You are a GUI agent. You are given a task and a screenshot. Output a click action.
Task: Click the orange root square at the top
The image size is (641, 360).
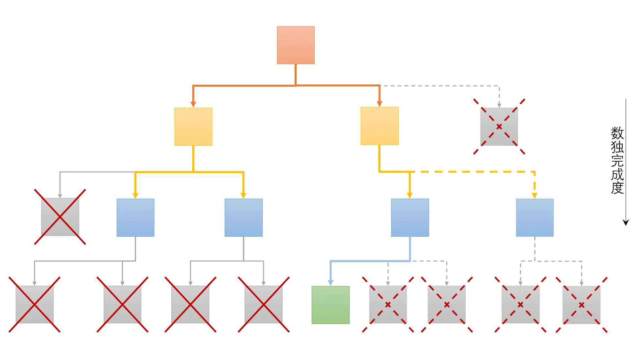tap(296, 45)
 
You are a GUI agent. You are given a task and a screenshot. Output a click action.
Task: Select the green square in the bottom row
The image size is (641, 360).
tap(330, 305)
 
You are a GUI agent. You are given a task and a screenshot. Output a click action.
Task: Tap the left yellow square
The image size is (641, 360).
tap(193, 126)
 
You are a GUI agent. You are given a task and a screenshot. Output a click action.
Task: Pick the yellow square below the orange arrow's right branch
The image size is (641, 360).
tap(379, 126)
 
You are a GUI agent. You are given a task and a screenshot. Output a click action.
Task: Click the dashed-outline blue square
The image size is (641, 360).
tap(535, 217)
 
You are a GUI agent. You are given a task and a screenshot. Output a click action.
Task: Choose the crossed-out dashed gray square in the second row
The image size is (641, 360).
tap(499, 126)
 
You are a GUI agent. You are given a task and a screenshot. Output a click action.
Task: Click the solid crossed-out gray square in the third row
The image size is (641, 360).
tap(60, 217)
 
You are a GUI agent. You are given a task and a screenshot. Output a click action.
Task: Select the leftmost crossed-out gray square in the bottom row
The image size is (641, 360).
tap(34, 304)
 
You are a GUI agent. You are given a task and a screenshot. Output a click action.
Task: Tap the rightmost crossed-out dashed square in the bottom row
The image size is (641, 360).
tap(581, 305)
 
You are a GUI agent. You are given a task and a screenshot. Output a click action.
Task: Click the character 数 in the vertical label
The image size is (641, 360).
tap(617, 133)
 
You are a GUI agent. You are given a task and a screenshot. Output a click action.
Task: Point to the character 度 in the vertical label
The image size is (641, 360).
tap(617, 188)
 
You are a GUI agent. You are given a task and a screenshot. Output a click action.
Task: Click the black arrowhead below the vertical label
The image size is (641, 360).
tap(626, 223)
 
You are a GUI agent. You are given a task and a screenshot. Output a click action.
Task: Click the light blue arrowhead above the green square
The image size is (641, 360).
tap(331, 282)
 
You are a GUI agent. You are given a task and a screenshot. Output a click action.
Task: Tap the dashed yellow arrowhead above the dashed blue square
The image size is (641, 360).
tap(534, 195)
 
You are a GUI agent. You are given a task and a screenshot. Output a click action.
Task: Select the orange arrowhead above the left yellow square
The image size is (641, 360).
tap(193, 104)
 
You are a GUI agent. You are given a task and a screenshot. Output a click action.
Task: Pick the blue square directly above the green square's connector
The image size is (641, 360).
tap(410, 217)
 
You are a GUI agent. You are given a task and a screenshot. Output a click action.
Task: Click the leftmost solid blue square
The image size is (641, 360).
tap(135, 217)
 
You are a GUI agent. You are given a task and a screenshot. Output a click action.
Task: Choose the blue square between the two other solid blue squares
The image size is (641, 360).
tap(243, 217)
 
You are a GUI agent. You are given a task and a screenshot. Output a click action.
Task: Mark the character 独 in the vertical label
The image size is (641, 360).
tap(617, 147)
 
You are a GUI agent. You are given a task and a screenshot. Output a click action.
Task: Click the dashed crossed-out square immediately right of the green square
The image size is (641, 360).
tap(388, 304)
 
